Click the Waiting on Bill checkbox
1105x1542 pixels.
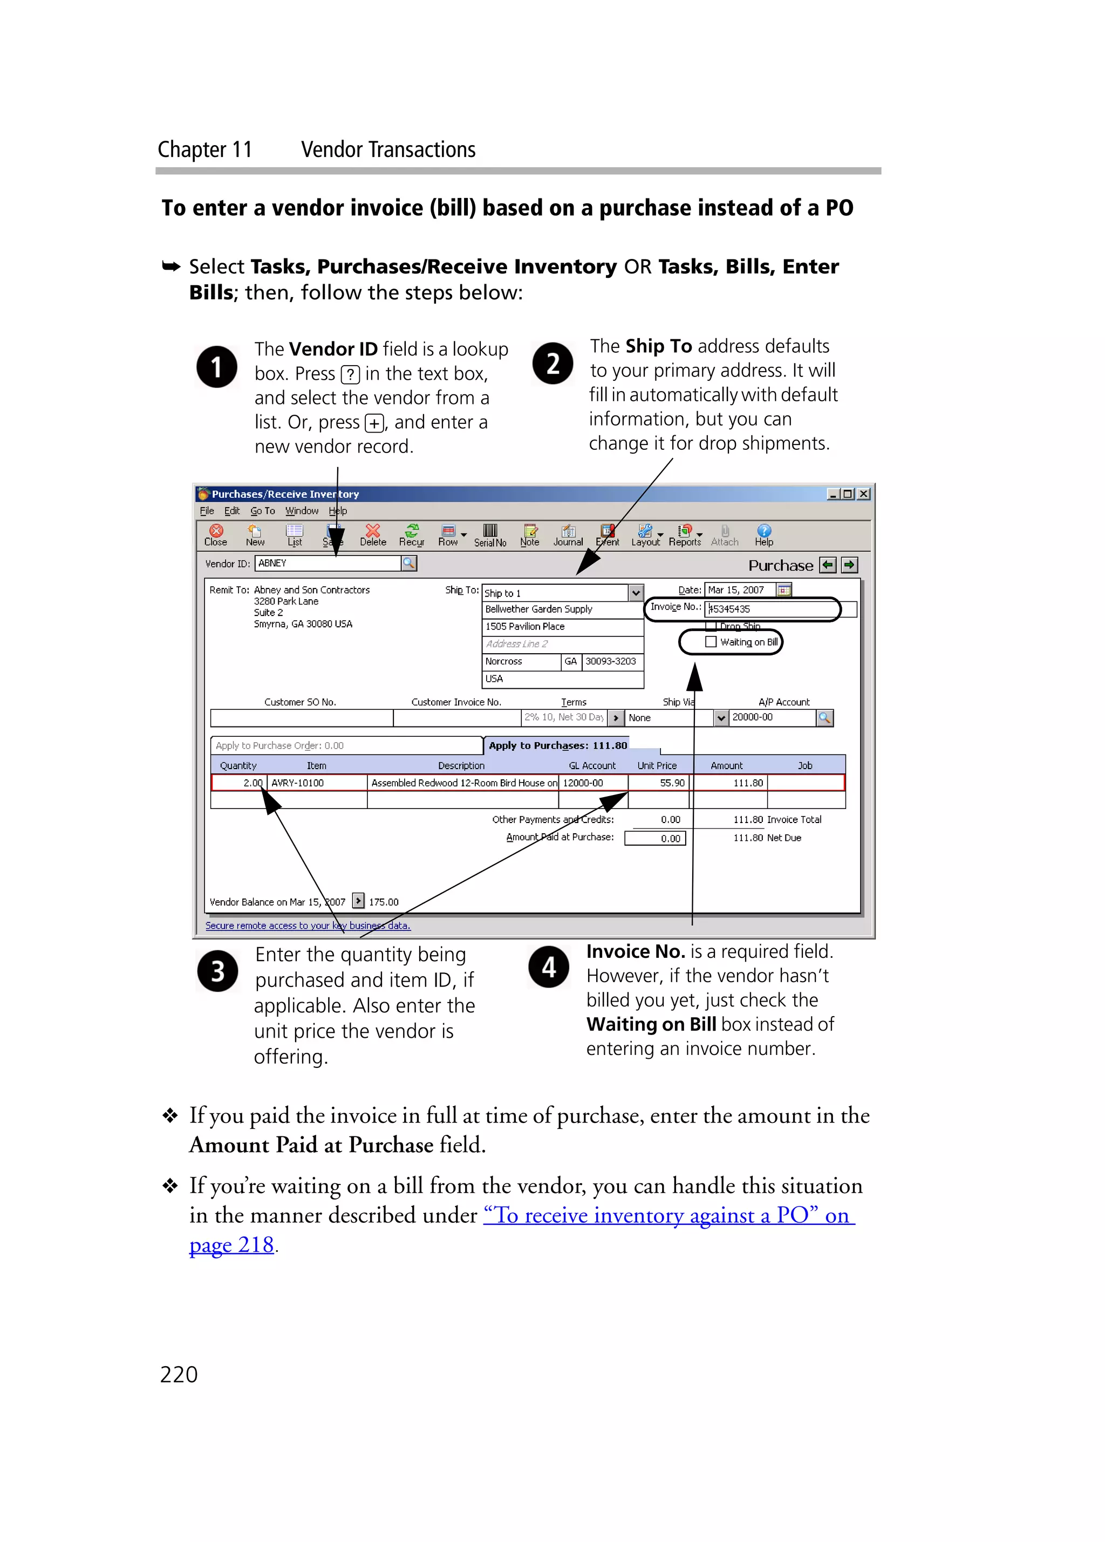point(711,641)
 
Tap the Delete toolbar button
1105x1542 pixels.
point(373,534)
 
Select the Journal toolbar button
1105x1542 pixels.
point(568,534)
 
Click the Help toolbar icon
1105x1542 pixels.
point(763,534)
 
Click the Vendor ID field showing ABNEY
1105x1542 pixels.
point(328,563)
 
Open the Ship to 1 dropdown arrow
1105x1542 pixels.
point(635,592)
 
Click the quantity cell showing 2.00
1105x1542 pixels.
point(240,783)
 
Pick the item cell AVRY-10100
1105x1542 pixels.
point(316,783)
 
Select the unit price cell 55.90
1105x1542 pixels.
point(659,783)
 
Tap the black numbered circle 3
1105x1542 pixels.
point(217,971)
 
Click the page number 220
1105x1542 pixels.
point(179,1374)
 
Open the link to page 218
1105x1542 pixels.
point(231,1245)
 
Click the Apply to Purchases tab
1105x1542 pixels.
point(557,745)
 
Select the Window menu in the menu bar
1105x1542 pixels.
point(301,511)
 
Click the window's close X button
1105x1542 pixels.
point(863,494)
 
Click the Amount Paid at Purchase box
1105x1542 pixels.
point(655,838)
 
